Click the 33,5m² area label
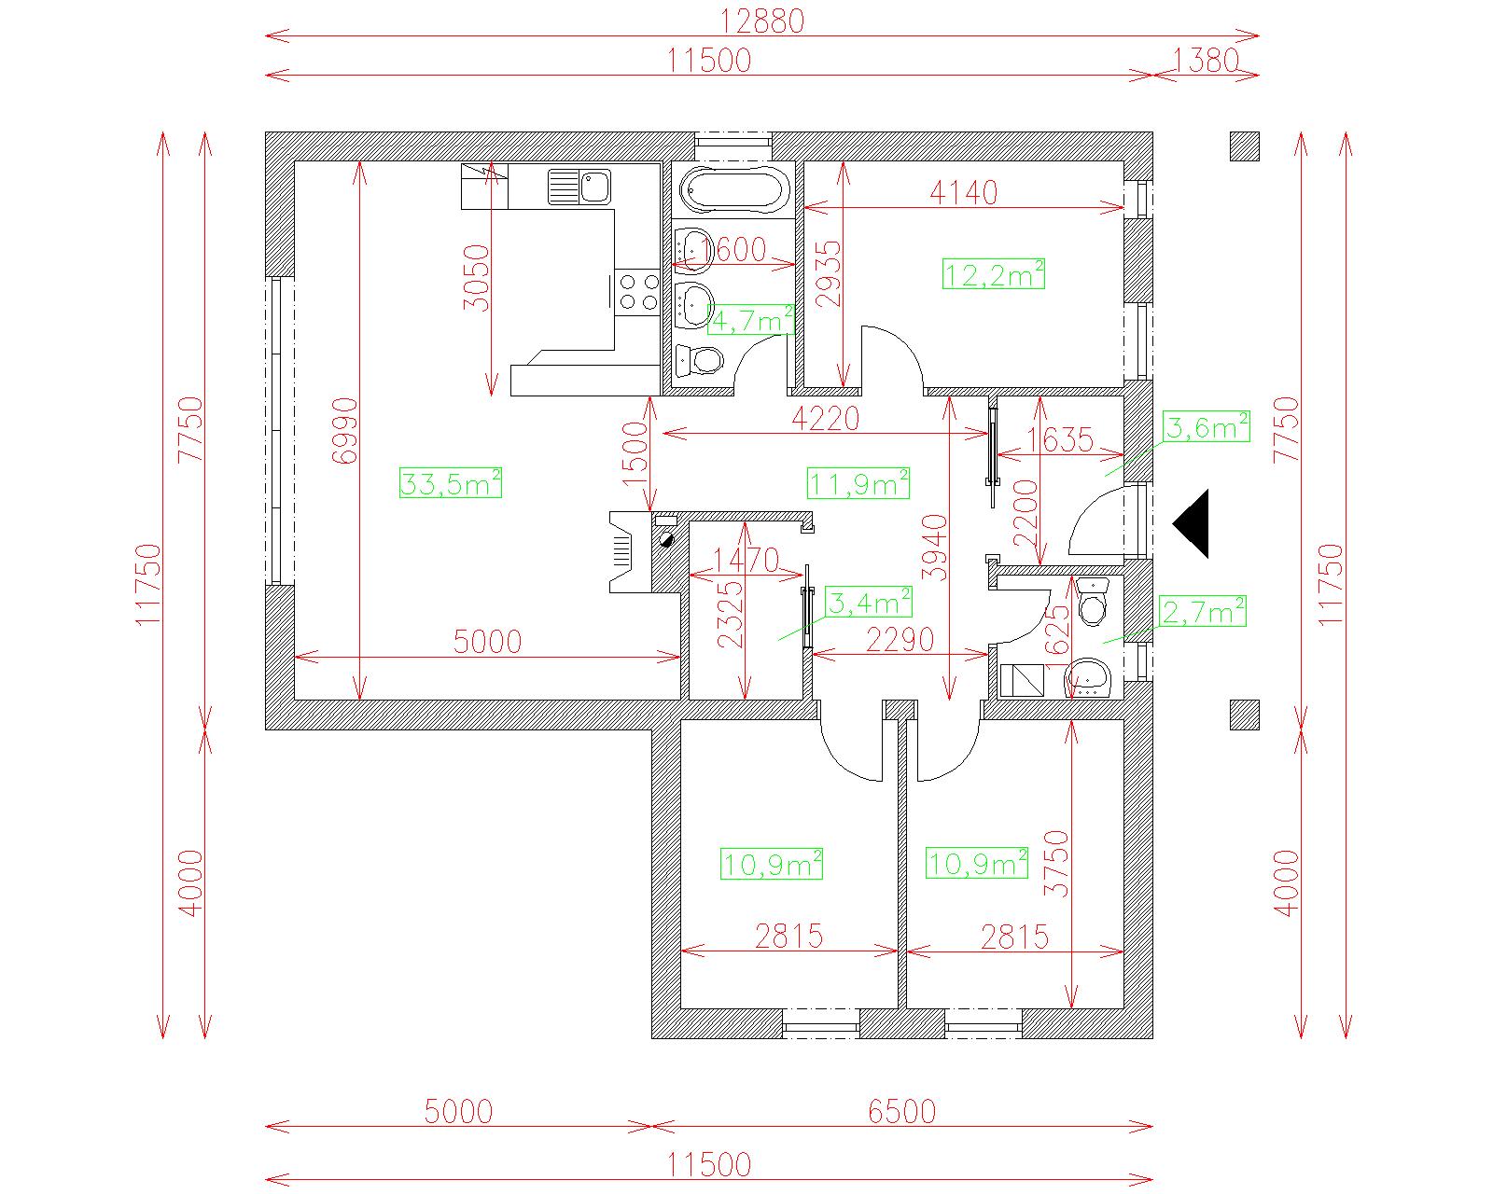(x=451, y=483)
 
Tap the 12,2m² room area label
(x=994, y=274)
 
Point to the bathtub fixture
(x=732, y=187)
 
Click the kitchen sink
(x=579, y=187)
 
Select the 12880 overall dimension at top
(x=762, y=21)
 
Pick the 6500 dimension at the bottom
(x=901, y=1112)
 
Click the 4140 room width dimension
(x=964, y=192)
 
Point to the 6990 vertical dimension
(x=345, y=431)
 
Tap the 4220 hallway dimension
(x=825, y=419)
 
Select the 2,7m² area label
(x=1203, y=612)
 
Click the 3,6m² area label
(x=1207, y=427)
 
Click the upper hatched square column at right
(x=1244, y=146)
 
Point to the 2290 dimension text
(x=900, y=640)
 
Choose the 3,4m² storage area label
(x=869, y=603)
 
